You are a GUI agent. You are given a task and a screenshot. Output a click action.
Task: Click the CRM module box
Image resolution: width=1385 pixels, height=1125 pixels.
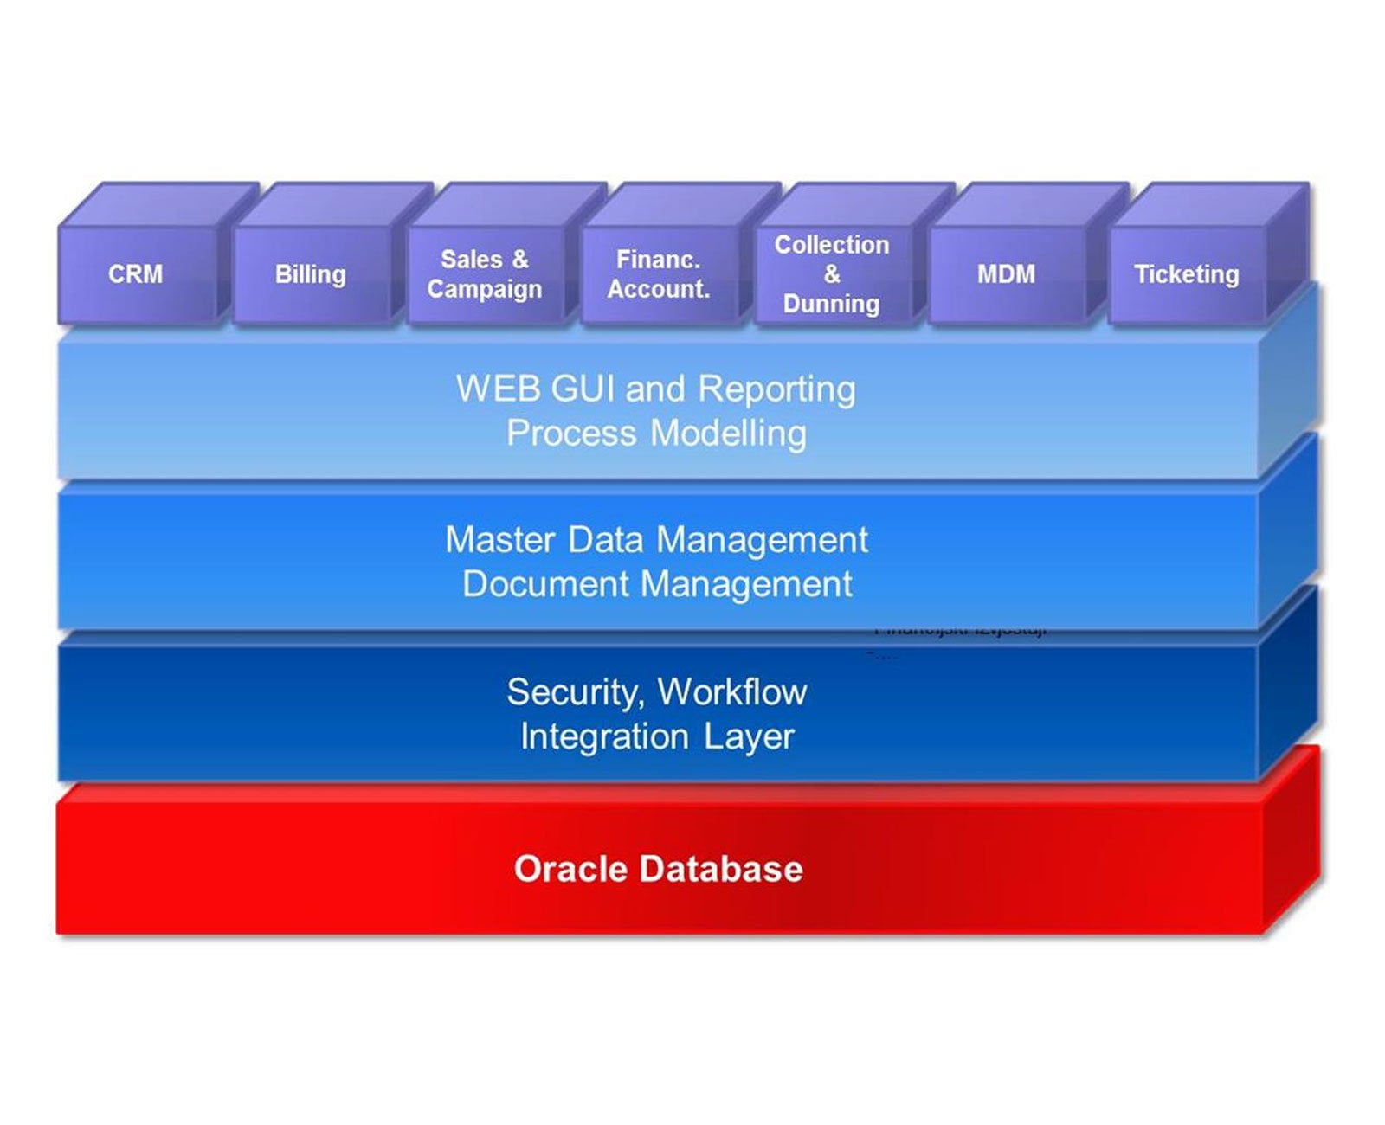136,274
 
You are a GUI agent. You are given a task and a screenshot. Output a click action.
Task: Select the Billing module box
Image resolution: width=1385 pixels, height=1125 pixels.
311,274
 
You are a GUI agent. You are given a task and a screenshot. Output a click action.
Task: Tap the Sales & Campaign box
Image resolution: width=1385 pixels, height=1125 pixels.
485,274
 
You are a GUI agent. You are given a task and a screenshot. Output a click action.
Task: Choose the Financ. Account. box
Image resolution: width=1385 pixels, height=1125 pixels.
659,274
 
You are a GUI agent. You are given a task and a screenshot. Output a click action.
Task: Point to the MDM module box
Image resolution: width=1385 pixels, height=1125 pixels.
1006,274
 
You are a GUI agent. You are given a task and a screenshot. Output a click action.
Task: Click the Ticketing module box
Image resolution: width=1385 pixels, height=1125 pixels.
1186,274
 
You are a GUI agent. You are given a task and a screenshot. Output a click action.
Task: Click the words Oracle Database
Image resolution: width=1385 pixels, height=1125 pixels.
658,869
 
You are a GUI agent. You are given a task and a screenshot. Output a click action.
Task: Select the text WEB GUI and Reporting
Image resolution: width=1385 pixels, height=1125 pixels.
656,389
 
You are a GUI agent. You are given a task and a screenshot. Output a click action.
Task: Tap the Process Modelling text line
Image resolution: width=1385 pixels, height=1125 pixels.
656,433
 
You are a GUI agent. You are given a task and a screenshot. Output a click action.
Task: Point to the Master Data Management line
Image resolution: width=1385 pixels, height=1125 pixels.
656,540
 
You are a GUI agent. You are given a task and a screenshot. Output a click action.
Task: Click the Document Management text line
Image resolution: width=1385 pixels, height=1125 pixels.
657,584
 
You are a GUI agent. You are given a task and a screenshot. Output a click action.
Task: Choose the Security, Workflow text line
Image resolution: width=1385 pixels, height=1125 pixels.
656,692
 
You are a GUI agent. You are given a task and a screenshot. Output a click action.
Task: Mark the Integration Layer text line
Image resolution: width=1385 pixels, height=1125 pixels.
656,736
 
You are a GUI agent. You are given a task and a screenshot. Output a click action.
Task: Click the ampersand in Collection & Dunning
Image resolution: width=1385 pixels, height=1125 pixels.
832,274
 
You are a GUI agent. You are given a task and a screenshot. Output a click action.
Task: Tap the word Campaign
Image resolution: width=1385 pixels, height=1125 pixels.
485,290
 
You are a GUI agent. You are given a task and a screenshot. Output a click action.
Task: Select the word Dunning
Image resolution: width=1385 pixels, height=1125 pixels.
831,304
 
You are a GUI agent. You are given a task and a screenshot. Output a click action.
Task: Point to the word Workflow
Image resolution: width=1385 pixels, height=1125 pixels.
732,692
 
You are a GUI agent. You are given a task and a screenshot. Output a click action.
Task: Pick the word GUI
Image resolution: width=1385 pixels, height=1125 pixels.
583,389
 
